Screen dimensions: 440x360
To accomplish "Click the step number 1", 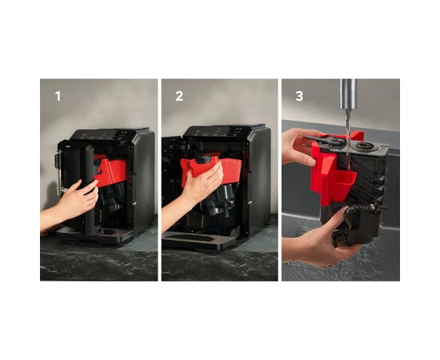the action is coord(58,96).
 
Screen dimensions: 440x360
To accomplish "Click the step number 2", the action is coord(179,96).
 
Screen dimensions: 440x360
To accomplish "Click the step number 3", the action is coord(299,96).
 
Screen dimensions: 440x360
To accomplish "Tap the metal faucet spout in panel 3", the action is coord(348,94).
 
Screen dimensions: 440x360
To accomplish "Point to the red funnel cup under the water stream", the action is coord(342,183).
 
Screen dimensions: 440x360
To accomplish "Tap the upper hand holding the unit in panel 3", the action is coord(300,146).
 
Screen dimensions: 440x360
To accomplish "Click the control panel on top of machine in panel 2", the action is coord(225,130).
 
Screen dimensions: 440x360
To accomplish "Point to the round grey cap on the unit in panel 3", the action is coord(363,146).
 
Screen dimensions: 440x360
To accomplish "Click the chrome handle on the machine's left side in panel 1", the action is coord(58,171).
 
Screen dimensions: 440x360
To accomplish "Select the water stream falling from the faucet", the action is coord(348,139).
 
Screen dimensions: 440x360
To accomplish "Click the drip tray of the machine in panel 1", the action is coord(95,234).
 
